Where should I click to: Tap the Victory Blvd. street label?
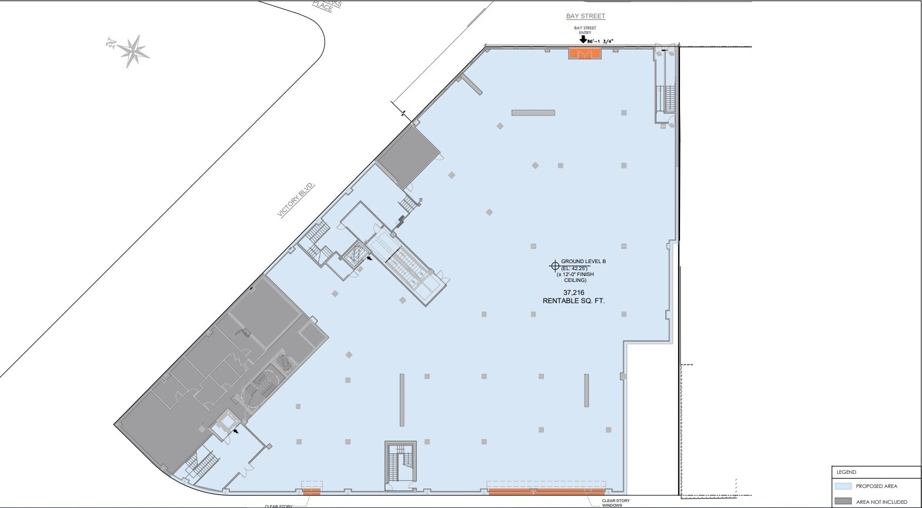[x=297, y=200]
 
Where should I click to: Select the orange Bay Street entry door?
[x=585, y=54]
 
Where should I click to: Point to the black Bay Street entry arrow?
[x=583, y=40]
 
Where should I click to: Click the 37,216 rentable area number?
[x=573, y=293]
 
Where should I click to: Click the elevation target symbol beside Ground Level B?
[x=554, y=265]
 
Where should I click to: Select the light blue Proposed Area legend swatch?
[x=843, y=486]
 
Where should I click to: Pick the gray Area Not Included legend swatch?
[x=843, y=502]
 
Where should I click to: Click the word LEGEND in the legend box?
[x=846, y=472]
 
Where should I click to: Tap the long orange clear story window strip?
[x=546, y=491]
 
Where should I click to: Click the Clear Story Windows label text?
[x=615, y=503]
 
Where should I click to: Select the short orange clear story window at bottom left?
[x=311, y=491]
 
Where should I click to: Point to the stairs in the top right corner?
[x=669, y=99]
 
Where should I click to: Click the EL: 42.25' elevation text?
[x=575, y=268]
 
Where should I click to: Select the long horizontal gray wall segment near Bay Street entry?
[x=533, y=112]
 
